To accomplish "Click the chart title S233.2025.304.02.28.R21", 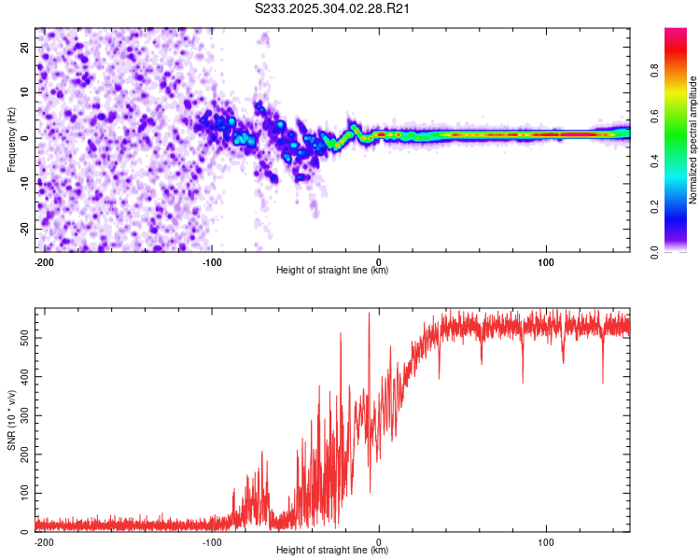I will pos(333,8).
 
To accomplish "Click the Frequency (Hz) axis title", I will pos(11,140).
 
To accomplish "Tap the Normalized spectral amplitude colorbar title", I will pos(693,140).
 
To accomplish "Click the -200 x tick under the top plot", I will pos(43,260).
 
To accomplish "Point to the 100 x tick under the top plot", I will pos(546,260).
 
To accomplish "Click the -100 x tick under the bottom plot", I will pos(211,540).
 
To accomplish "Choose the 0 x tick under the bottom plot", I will pos(379,540).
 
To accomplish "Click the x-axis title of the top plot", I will pos(332,271).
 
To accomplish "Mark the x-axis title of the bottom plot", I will pos(332,551).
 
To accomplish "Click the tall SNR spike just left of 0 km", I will pos(369,315).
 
